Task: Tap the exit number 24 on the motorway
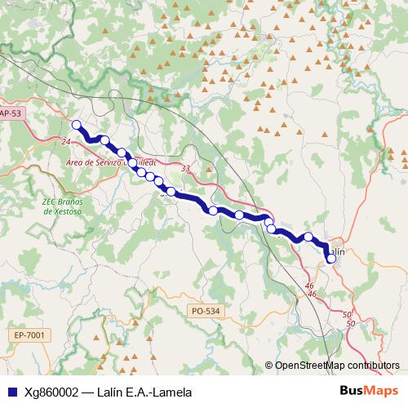point(64,142)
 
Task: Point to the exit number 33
point(187,169)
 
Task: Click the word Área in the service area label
point(77,162)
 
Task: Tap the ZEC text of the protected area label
point(51,201)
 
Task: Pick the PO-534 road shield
point(203,311)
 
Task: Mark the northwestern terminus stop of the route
point(77,125)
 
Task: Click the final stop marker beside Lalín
point(331,259)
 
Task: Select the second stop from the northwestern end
point(104,140)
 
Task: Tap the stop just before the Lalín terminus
point(309,237)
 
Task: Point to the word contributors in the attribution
point(375,365)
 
